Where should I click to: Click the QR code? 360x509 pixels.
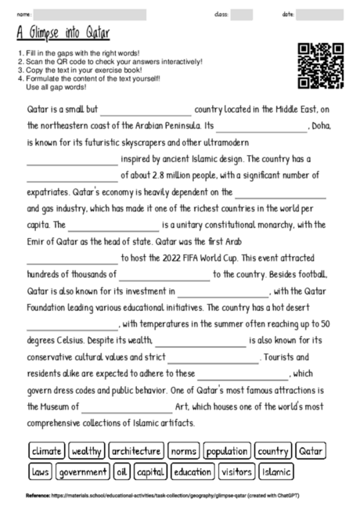click(x=321, y=66)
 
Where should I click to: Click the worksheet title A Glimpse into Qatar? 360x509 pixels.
click(x=63, y=34)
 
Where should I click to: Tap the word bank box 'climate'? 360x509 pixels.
click(x=46, y=451)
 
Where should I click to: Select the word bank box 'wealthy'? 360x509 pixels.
click(x=86, y=451)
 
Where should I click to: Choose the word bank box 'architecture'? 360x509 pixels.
click(x=136, y=451)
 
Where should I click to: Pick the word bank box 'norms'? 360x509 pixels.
click(x=183, y=451)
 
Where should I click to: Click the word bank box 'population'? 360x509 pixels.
click(x=226, y=451)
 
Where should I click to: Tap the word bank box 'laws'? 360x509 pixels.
click(x=40, y=472)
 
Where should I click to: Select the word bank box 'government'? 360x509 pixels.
click(x=83, y=472)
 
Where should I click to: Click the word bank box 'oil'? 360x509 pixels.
click(x=121, y=472)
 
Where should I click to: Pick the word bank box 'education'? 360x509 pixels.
click(x=193, y=472)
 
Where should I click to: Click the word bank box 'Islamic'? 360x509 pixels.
click(x=277, y=472)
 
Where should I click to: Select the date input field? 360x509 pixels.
click(x=320, y=14)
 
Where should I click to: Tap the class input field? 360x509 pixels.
click(x=242, y=14)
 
